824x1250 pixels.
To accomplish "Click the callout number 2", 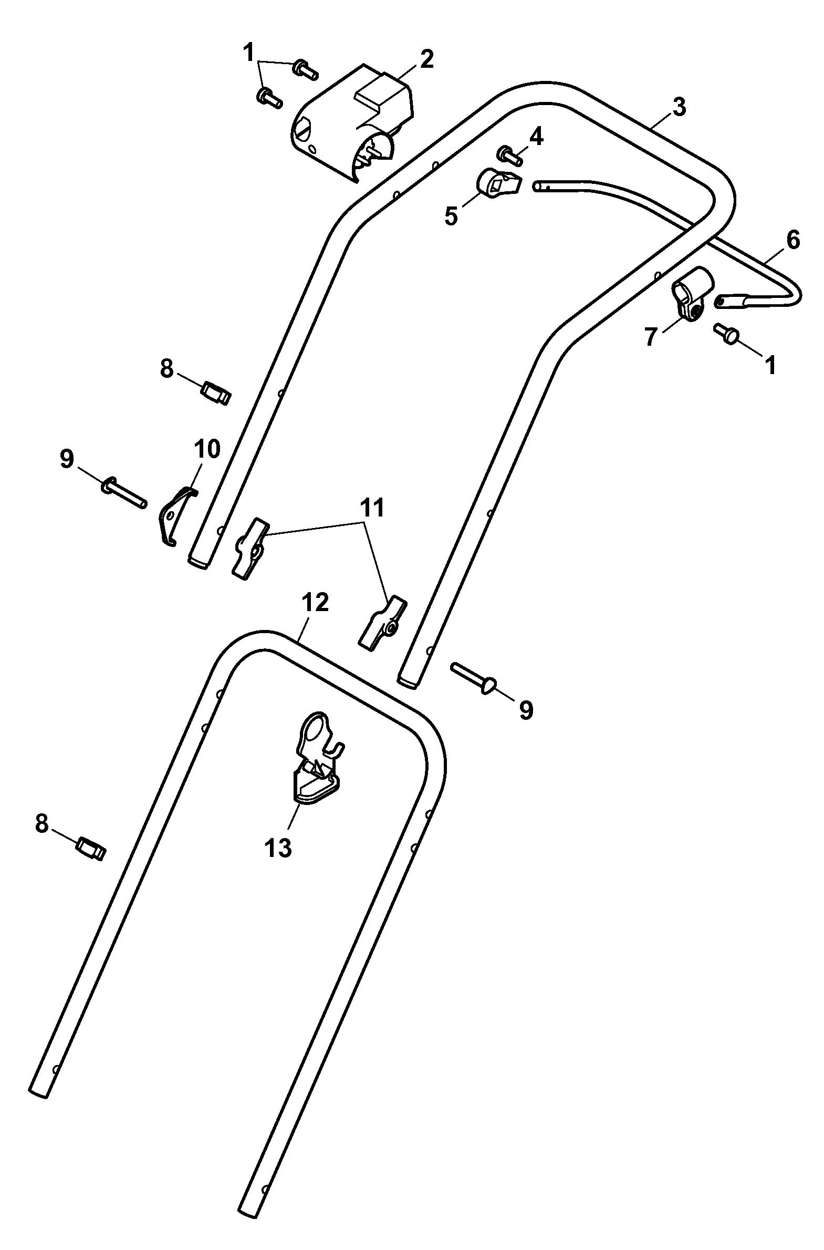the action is coord(426,59).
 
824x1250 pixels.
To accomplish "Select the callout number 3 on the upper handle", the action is coord(679,107).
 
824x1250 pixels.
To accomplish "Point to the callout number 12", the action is coord(315,602).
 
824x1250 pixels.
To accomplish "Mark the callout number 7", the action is coord(651,337).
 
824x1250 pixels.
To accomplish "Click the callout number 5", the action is coord(451,216).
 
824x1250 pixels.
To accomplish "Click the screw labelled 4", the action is coord(509,155).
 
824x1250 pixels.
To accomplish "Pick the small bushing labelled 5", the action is coord(498,183).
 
